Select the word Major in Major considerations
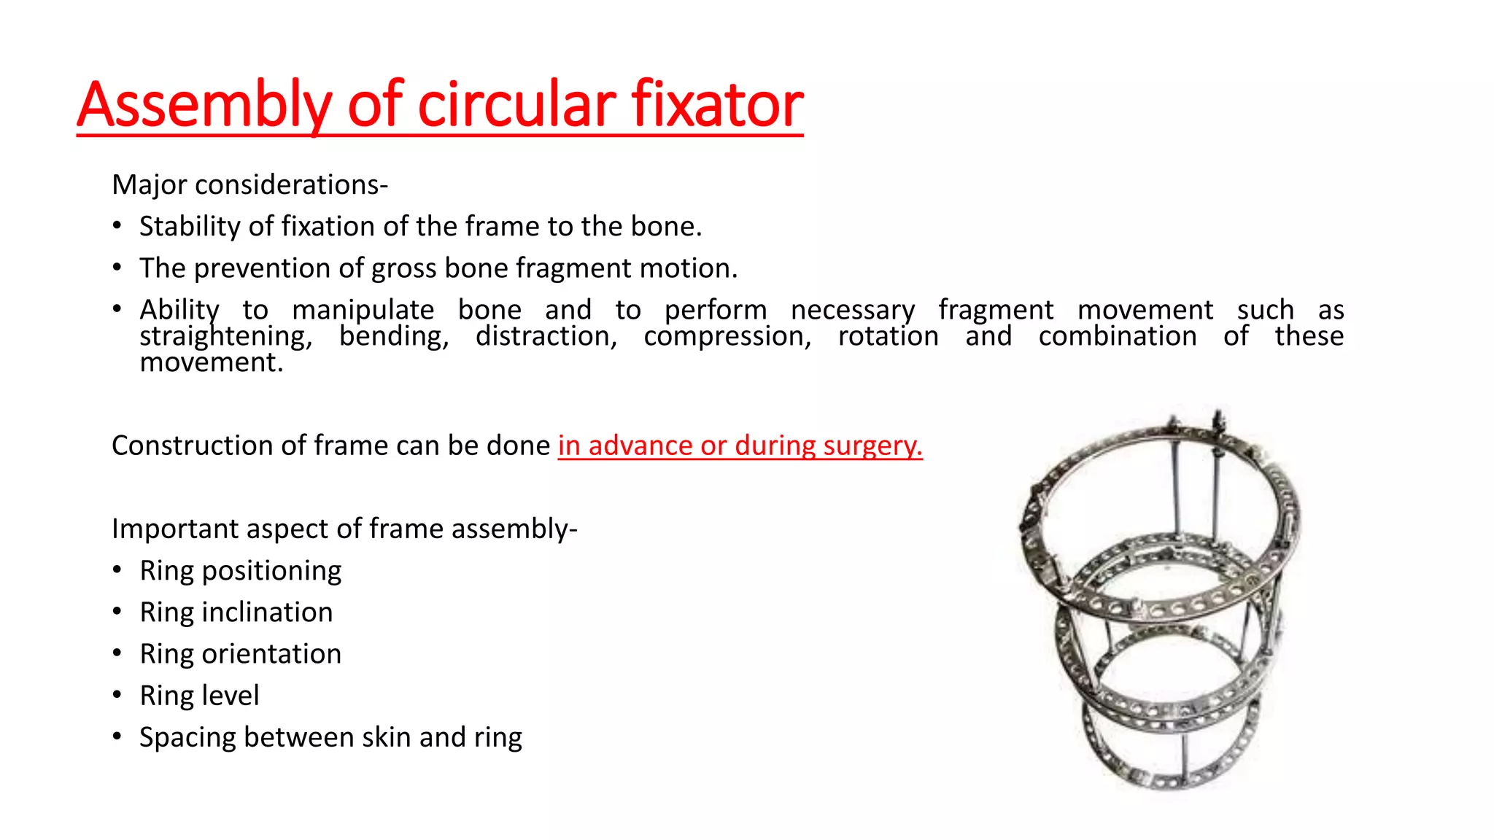[149, 185]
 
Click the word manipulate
[363, 310]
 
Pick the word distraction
[546, 336]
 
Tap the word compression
[727, 336]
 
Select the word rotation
[888, 336]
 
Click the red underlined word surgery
[872, 446]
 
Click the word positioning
[271, 571]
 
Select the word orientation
[271, 654]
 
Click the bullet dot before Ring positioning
[117, 569]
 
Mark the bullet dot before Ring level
[117, 695]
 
